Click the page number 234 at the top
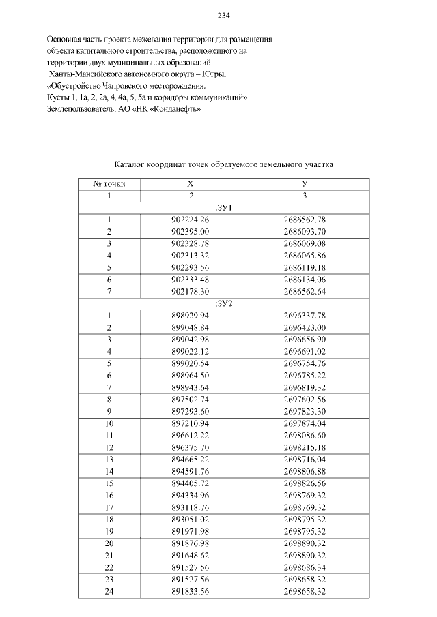(x=223, y=16)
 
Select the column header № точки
(x=109, y=184)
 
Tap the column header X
(x=191, y=184)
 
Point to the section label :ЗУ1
(x=223, y=207)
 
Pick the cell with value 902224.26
(x=191, y=220)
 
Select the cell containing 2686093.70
(x=305, y=231)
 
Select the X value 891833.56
(x=191, y=591)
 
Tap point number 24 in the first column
(x=109, y=591)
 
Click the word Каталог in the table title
(x=132, y=164)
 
